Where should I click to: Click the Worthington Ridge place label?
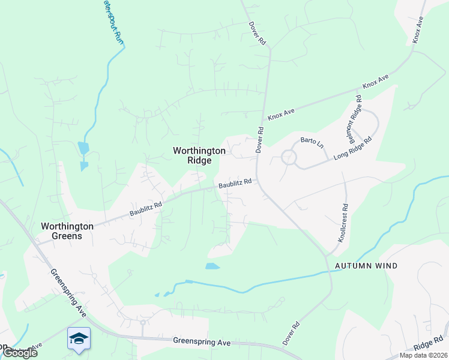coord(199,156)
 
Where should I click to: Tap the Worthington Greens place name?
coord(67,231)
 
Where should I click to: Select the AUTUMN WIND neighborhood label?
coord(366,266)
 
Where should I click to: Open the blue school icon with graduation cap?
coord(79,339)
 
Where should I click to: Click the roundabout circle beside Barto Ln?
coord(289,158)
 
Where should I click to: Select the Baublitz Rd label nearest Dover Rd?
coord(234,184)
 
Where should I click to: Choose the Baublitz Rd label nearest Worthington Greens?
coord(146,209)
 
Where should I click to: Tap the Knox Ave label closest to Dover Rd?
coord(281,112)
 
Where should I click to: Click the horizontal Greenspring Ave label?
coord(202,342)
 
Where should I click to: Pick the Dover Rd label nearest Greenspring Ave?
coord(291,335)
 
